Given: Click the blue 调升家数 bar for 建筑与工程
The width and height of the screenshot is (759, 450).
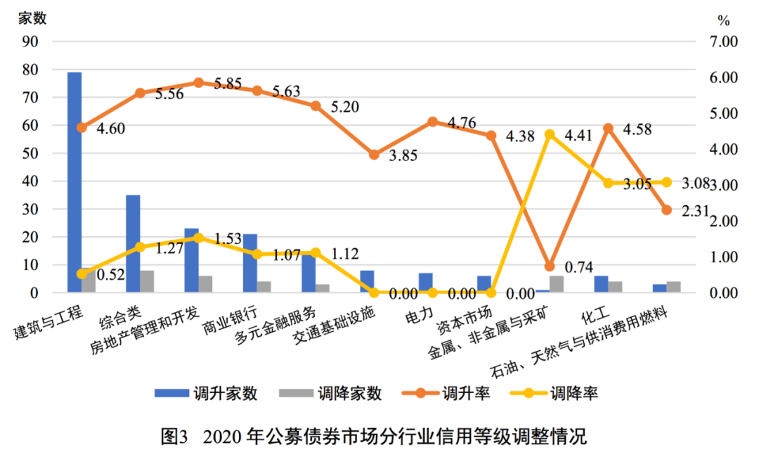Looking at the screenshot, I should [x=74, y=182].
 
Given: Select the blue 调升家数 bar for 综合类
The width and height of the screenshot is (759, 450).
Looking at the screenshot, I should [x=133, y=243].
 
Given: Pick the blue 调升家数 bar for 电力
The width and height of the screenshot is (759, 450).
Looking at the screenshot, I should [x=425, y=283].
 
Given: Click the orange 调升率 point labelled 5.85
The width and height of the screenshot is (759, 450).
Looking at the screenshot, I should [x=198, y=82].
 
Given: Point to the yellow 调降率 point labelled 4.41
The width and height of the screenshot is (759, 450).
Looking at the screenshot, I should [x=550, y=134].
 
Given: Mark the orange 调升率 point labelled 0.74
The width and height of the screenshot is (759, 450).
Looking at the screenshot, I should [x=550, y=266].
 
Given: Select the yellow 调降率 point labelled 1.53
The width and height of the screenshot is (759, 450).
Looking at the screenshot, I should [x=198, y=238].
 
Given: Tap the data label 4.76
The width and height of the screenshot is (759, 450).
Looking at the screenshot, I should [x=462, y=123].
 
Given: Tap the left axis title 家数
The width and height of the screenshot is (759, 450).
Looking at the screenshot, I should [x=32, y=19].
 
